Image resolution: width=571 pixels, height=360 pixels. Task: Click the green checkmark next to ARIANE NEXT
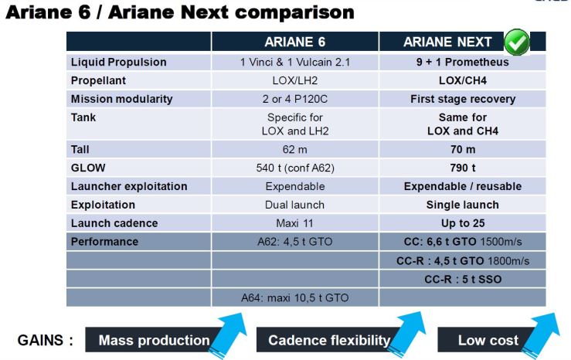(516, 40)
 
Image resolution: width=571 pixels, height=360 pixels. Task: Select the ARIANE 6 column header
(294, 42)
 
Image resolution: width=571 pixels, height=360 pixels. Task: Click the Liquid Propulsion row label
(118, 62)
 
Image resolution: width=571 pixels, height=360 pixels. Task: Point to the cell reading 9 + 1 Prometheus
(462, 62)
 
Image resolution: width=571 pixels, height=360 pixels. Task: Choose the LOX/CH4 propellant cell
(462, 80)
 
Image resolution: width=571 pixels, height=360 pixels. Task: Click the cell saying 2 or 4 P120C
(294, 99)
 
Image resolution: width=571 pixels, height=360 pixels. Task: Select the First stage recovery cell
(462, 99)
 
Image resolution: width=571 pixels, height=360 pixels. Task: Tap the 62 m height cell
(294, 149)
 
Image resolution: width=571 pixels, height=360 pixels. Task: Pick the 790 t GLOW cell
(462, 168)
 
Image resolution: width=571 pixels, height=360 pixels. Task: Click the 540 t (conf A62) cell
(294, 168)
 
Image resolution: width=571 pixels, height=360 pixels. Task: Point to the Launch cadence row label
(114, 223)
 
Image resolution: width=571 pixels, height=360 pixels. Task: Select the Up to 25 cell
(462, 223)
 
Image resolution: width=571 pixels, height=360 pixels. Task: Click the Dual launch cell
(294, 205)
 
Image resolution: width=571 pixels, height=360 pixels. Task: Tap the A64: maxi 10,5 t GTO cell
(294, 297)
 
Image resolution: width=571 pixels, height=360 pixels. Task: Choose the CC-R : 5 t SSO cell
(462, 279)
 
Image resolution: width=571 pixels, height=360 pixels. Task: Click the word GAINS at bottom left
(46, 340)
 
